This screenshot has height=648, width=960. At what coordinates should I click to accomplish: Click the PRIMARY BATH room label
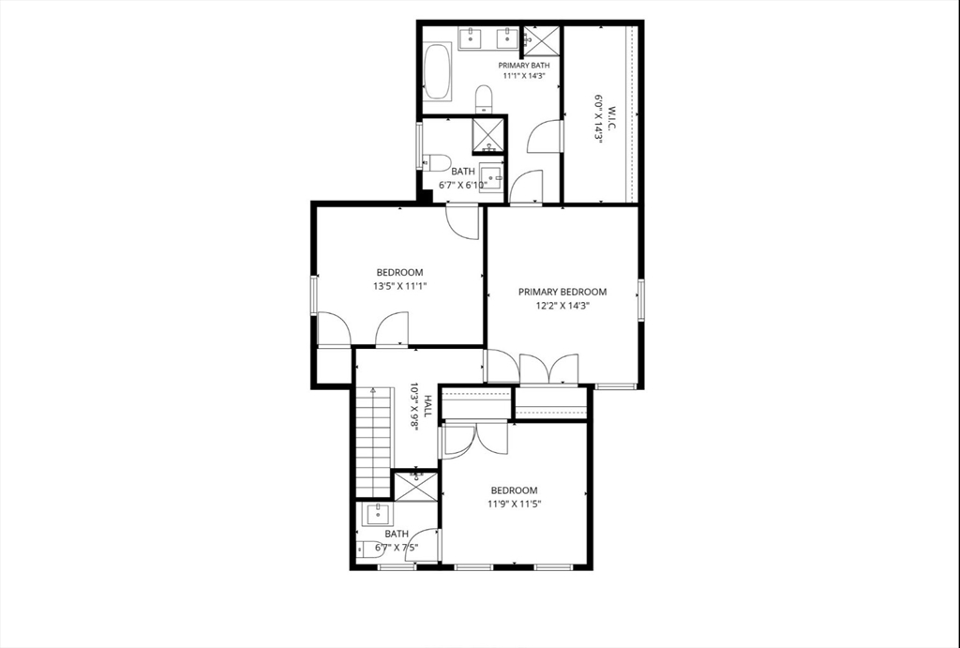(523, 65)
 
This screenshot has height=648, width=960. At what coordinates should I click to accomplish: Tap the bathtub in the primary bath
(437, 71)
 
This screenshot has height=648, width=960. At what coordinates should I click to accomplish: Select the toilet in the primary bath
(484, 98)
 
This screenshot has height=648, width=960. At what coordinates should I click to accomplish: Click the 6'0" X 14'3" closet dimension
(599, 118)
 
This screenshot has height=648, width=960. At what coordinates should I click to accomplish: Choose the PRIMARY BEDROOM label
(562, 293)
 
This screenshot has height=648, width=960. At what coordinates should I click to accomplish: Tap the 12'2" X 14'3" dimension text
(562, 307)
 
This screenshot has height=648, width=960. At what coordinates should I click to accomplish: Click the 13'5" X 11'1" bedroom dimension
(399, 286)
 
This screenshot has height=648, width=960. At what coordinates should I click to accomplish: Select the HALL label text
(427, 406)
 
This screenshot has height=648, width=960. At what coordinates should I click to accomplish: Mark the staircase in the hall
(373, 442)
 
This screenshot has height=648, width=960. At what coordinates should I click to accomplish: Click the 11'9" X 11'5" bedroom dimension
(515, 505)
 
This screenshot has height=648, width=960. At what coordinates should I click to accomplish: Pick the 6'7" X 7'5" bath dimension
(397, 548)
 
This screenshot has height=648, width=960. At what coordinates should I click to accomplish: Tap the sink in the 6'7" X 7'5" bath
(377, 515)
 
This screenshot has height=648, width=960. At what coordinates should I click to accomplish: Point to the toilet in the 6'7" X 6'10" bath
(437, 163)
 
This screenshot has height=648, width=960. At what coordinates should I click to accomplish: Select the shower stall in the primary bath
(542, 40)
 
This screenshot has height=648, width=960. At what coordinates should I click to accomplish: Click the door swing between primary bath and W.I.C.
(545, 135)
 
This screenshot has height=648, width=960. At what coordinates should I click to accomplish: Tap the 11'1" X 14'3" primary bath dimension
(523, 76)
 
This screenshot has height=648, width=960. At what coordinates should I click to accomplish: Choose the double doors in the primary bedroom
(548, 369)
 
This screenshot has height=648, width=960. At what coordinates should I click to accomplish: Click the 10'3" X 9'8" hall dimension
(413, 407)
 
